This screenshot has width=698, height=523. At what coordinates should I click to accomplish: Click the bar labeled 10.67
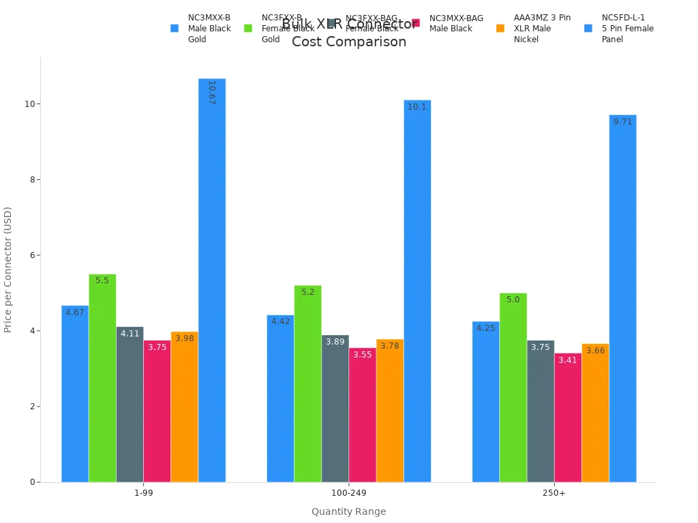212,280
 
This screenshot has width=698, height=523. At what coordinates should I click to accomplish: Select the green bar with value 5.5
102,378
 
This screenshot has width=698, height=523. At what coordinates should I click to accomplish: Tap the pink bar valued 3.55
363,415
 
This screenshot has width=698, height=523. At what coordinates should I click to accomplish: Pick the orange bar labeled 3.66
595,413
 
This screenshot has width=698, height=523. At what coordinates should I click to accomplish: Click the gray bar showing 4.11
130,405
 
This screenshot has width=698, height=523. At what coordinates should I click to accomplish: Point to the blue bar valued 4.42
280,398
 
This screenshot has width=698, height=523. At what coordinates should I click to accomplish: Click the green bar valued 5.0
513,387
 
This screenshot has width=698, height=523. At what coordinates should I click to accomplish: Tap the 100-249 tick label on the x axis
348,493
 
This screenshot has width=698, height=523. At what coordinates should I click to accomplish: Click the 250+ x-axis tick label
554,493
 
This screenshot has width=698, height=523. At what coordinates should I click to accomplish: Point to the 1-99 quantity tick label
143,493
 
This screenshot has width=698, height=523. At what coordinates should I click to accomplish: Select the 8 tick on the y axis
31,180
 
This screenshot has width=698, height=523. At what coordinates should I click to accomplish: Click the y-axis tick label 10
29,104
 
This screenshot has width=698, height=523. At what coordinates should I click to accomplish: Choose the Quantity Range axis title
348,511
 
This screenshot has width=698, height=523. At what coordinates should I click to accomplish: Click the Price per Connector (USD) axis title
8,270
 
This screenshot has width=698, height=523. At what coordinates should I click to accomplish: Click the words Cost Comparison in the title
349,42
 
